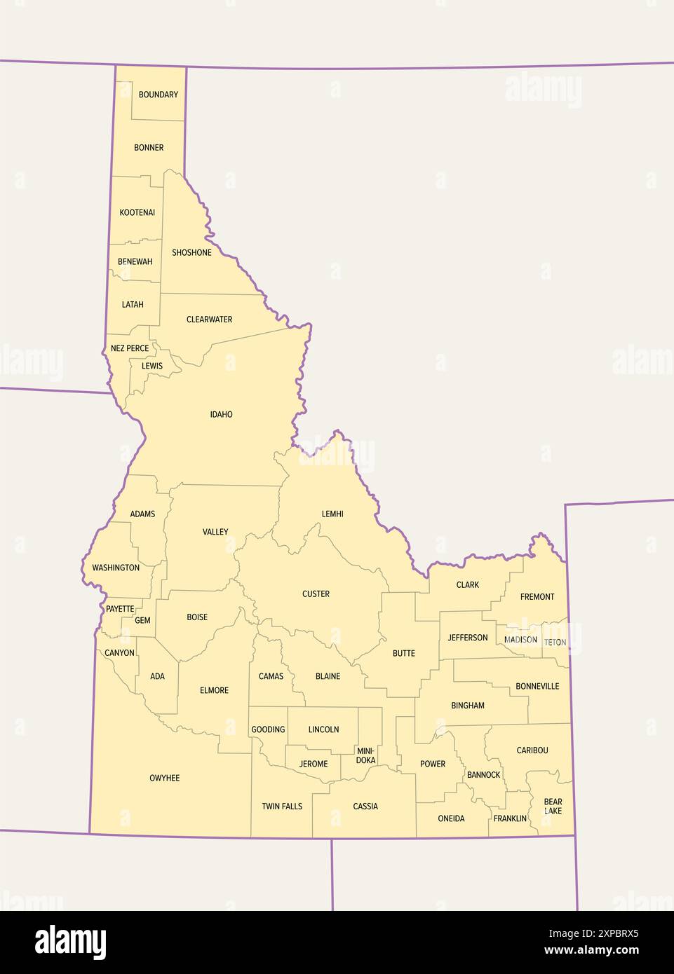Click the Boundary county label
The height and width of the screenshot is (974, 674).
tap(159, 95)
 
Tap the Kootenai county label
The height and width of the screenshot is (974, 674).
tap(137, 212)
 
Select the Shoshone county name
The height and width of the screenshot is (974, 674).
tap(191, 252)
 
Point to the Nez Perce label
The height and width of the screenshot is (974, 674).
tap(130, 348)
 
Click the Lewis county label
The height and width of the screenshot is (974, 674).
tap(152, 366)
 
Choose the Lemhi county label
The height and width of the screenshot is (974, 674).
tap(332, 514)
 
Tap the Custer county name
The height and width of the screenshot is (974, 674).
tap(316, 594)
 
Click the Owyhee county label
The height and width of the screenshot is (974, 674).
tap(165, 778)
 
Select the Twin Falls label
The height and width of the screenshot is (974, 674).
tap(282, 807)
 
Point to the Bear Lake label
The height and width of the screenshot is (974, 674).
tap(553, 807)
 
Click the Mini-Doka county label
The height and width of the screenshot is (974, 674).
tap(365, 755)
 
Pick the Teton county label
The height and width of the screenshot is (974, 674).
tap(555, 642)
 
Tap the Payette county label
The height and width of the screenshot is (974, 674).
tap(120, 609)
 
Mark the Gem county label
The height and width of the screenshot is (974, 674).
tap(142, 620)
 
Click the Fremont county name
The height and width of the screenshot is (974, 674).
tap(537, 597)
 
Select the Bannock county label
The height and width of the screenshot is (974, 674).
tap(484, 774)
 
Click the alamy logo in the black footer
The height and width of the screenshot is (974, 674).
tap(71, 942)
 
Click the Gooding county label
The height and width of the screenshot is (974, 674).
tap(268, 729)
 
